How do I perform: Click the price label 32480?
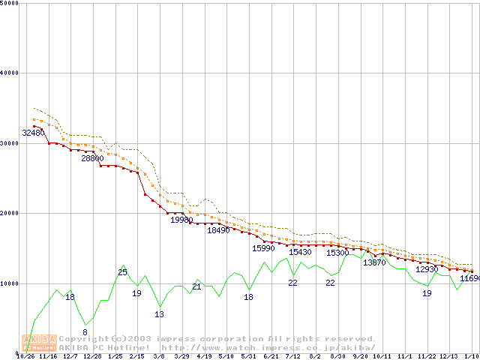[x=33, y=133]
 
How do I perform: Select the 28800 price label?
[x=93, y=159]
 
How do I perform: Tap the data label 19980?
[x=181, y=220]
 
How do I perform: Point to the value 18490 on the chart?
[x=218, y=231]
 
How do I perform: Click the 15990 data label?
[x=263, y=248]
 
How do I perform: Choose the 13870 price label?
[x=374, y=262]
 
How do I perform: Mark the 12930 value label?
[x=427, y=269]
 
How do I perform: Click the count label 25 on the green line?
[x=122, y=272]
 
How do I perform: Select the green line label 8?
[x=85, y=331]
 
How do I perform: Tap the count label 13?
[x=159, y=314]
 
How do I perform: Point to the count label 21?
[x=196, y=286]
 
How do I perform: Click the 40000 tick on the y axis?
[x=11, y=73]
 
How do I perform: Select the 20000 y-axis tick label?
[x=11, y=213]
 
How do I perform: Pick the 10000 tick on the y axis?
[x=11, y=283]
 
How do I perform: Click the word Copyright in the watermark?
[x=83, y=339]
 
